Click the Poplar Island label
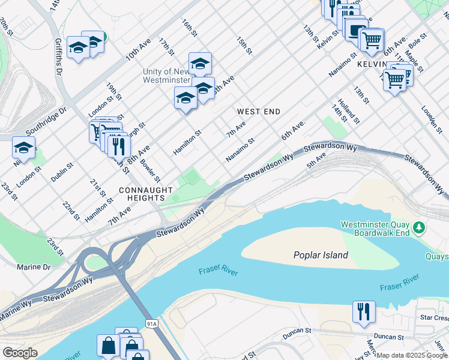click(321, 255)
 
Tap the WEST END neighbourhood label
click(259, 112)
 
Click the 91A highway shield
click(152, 323)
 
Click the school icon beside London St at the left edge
click(24, 148)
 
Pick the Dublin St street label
click(62, 173)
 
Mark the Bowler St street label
click(150, 170)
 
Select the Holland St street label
click(349, 112)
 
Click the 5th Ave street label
click(316, 159)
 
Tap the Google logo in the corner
click(20, 353)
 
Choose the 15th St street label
click(244, 46)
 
